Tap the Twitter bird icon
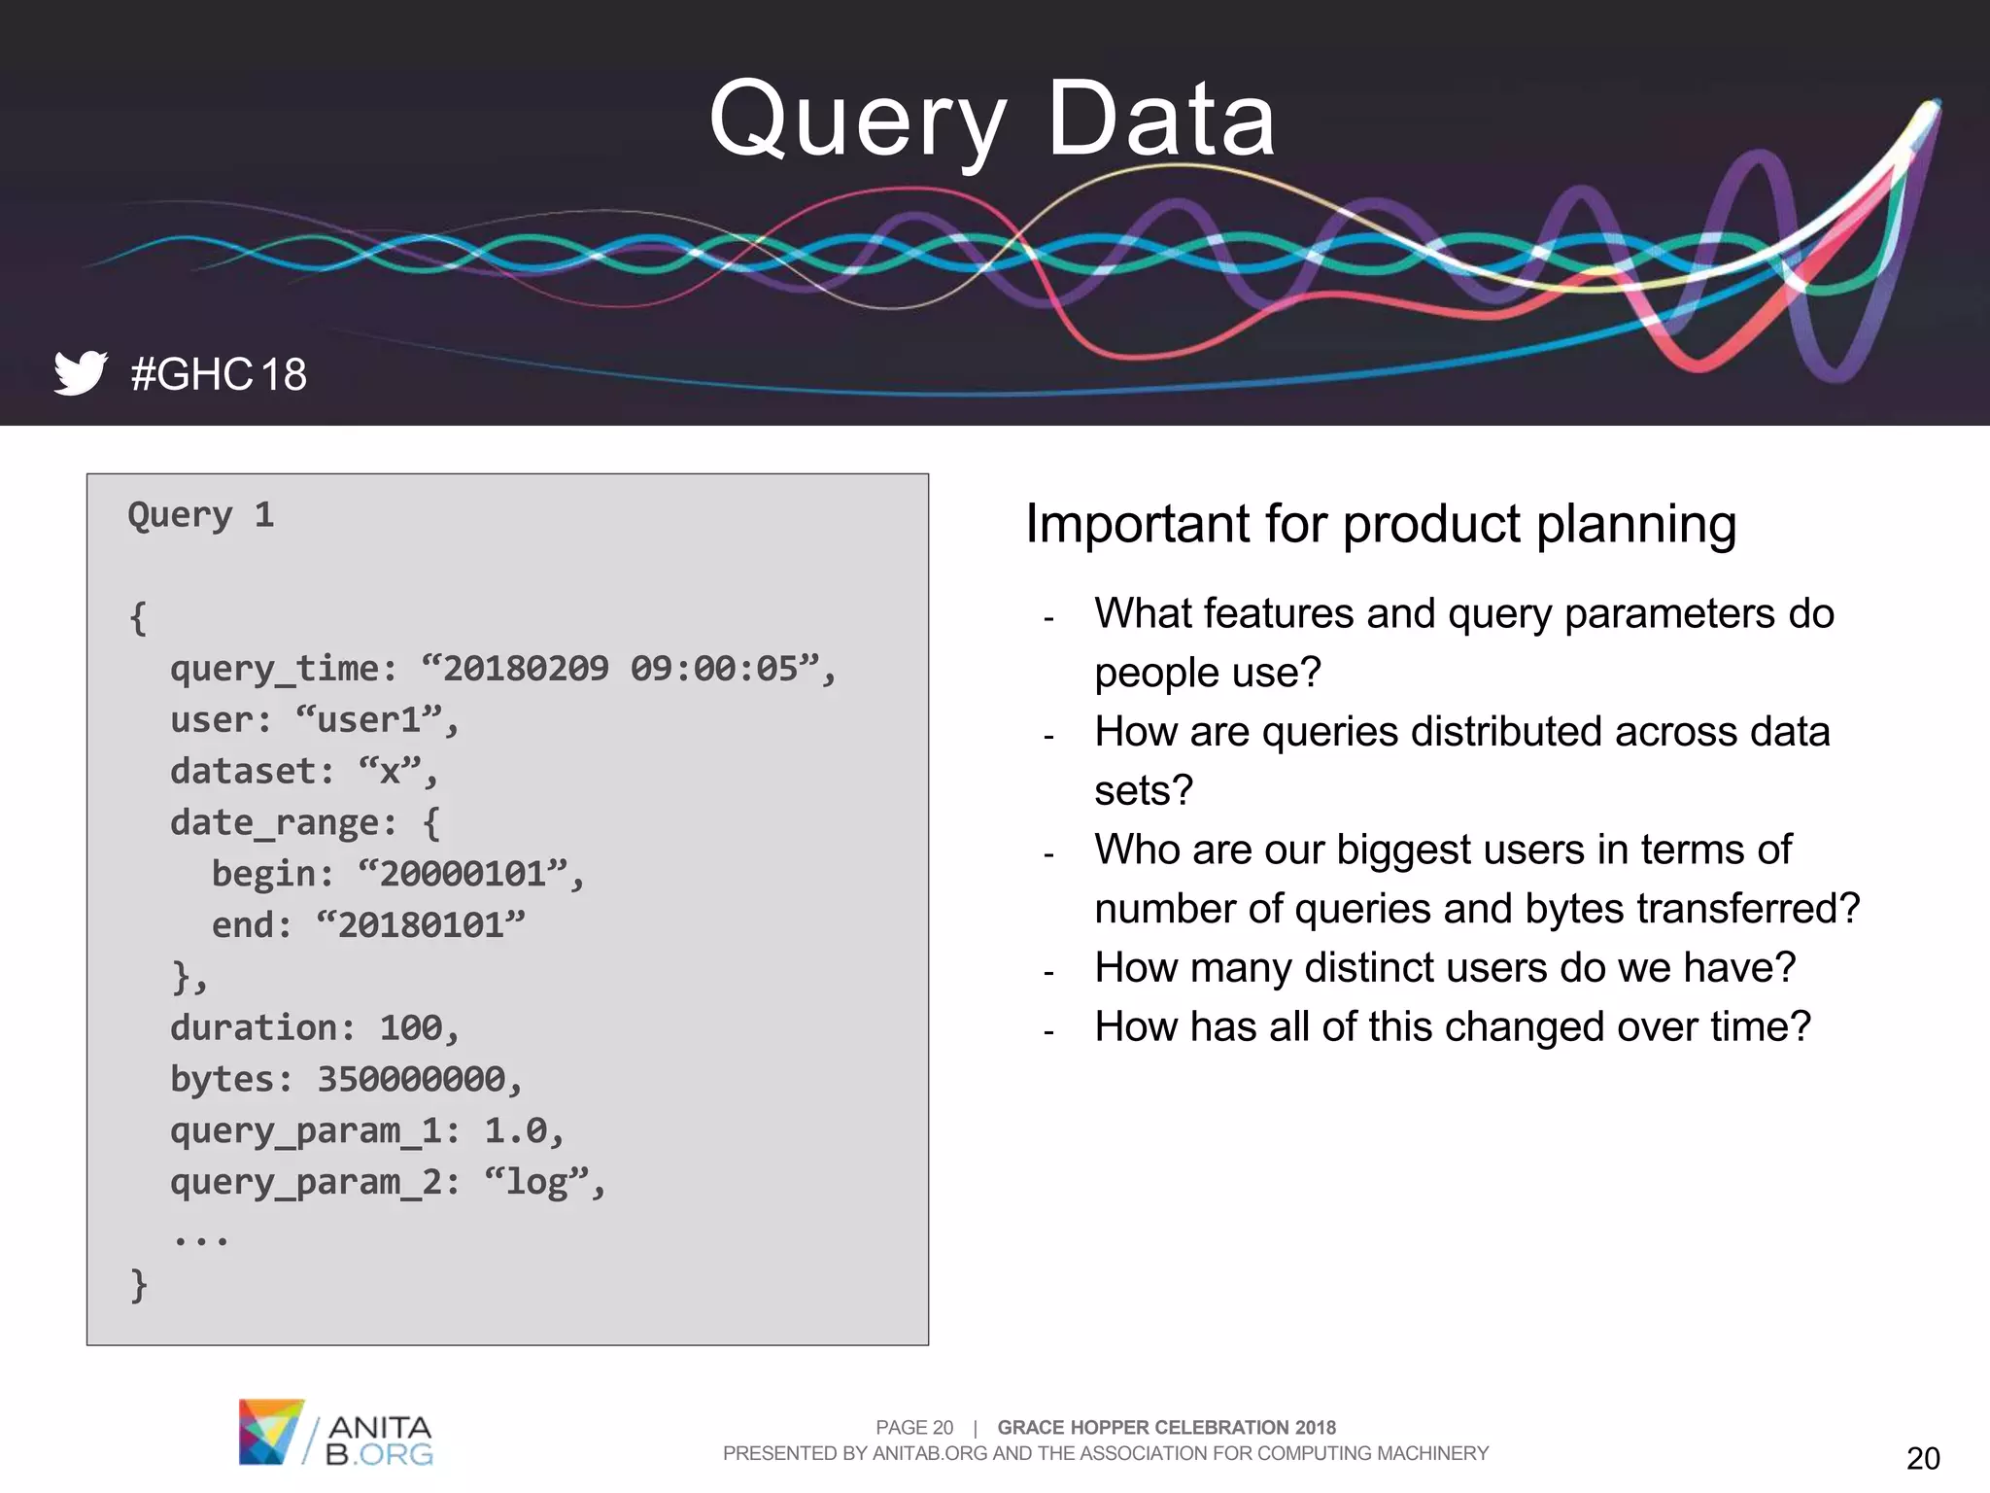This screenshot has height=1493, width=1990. click(x=80, y=372)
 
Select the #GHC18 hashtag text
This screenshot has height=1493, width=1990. click(x=219, y=374)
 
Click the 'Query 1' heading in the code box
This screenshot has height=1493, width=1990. click(x=201, y=514)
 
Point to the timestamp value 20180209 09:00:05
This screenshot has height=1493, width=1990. click(x=621, y=669)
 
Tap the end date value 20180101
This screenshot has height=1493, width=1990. click(x=421, y=925)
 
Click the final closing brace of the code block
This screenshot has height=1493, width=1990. click(x=139, y=1285)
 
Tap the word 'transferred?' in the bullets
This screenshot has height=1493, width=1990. click(x=1748, y=910)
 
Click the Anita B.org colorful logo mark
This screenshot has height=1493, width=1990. click(x=269, y=1432)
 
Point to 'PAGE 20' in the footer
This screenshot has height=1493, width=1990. click(x=913, y=1428)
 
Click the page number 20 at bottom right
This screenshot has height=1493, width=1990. click(x=1922, y=1458)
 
